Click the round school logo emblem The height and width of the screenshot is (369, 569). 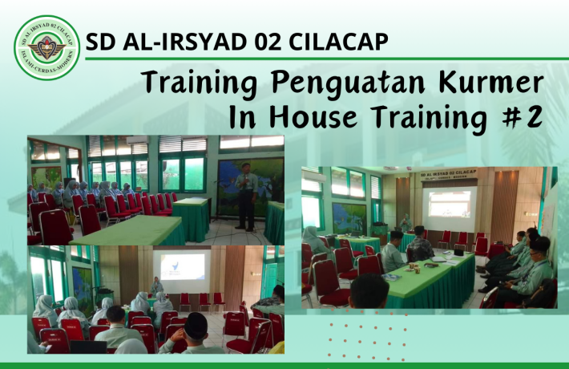point(47,47)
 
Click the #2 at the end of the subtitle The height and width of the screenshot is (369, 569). point(523,117)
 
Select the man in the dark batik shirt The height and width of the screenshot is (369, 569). point(421,243)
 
